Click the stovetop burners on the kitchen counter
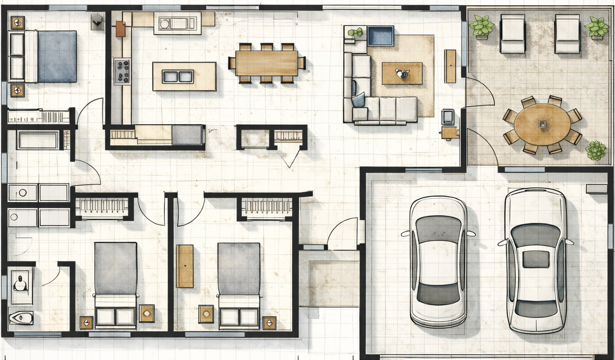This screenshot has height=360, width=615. pyautogui.click(x=122, y=71)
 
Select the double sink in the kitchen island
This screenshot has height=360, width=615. pyautogui.click(x=178, y=76)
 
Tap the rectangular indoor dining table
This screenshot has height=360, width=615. pyautogui.click(x=266, y=63)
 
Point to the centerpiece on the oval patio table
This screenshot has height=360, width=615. pyautogui.click(x=542, y=124)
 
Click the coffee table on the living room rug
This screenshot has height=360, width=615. pyautogui.click(x=402, y=74)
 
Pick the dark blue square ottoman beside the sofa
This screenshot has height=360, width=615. pyautogui.click(x=380, y=36)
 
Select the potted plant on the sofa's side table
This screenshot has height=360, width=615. pyautogui.click(x=355, y=32)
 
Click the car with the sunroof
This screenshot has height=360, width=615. pyautogui.click(x=536, y=260)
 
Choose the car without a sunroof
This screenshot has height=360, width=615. pyautogui.click(x=438, y=261)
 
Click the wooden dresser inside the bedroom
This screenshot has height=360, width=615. pyautogui.click(x=184, y=266)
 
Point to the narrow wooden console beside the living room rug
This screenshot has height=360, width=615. pyautogui.click(x=450, y=66)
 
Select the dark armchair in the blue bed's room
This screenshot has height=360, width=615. pyautogui.click(x=97, y=21)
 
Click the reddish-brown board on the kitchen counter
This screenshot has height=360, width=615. pyautogui.click(x=120, y=29)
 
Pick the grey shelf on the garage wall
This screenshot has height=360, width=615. pyautogui.click(x=596, y=189)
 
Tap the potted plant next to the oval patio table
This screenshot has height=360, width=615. pyautogui.click(x=595, y=151)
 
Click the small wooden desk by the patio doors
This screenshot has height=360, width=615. pyautogui.click(x=450, y=133)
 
